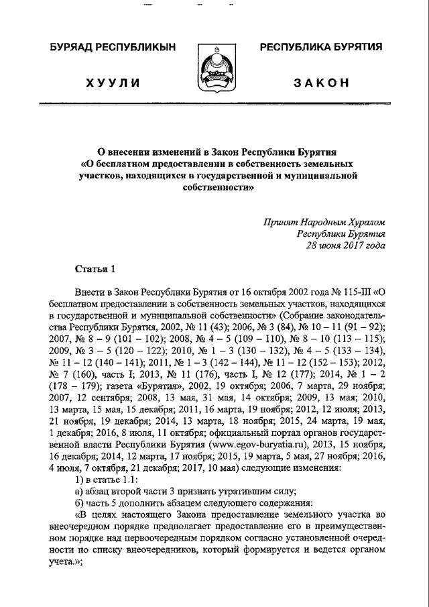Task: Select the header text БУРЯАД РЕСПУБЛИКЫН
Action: [113, 47]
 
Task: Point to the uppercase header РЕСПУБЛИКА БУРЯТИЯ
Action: [321, 47]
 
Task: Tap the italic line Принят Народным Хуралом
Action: [324, 221]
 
